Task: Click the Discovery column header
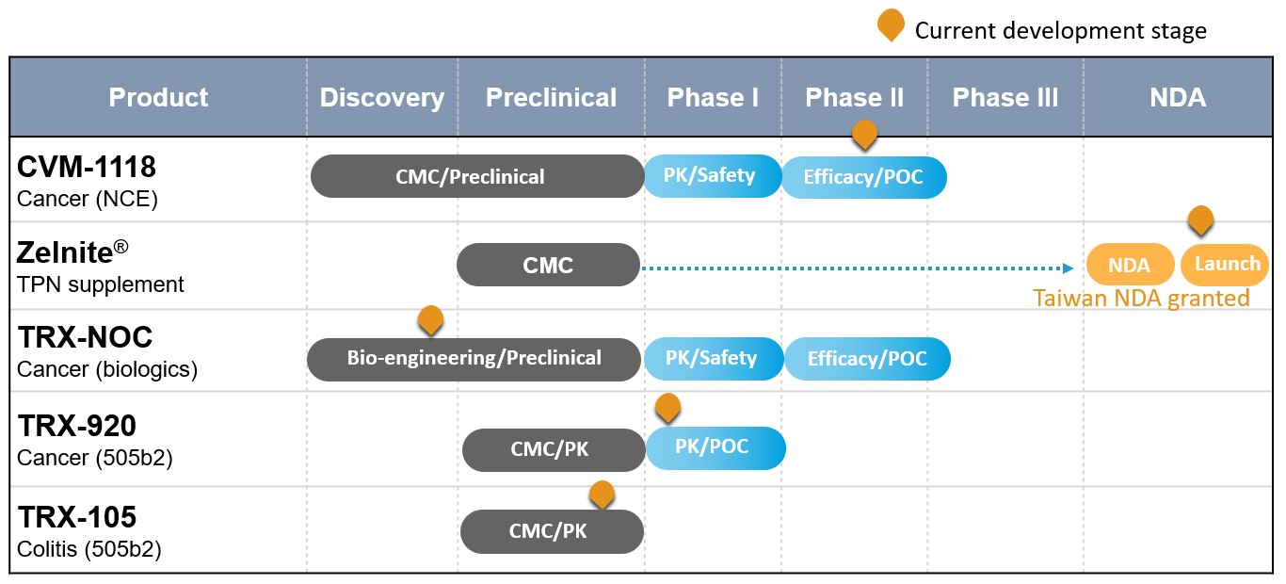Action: [x=382, y=98]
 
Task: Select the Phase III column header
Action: [x=1005, y=98]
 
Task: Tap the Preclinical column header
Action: [x=551, y=98]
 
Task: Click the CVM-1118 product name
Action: [x=86, y=167]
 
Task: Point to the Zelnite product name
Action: [x=72, y=252]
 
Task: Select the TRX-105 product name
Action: [x=77, y=517]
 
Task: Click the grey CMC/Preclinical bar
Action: [x=477, y=176]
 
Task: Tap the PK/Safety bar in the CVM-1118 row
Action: [x=713, y=176]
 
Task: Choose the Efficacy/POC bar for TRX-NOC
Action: [x=867, y=359]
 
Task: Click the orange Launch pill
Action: [x=1225, y=265]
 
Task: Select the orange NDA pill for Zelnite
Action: [x=1130, y=265]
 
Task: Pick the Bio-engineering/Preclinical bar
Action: [x=474, y=359]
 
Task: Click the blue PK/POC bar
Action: [x=715, y=448]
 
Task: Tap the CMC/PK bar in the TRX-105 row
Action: [x=552, y=532]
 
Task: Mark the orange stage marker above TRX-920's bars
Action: [x=667, y=408]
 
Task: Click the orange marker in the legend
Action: [x=891, y=24]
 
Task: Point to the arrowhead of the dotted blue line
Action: [x=1069, y=268]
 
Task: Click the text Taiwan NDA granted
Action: [x=1141, y=299]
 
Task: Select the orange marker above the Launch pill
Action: [x=1200, y=220]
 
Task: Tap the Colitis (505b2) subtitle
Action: [x=89, y=549]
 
